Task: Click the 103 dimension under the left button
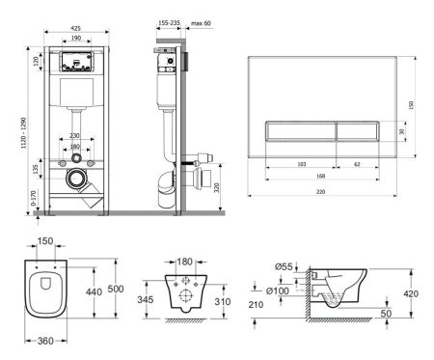point(300,164)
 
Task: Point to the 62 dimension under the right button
point(357,164)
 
